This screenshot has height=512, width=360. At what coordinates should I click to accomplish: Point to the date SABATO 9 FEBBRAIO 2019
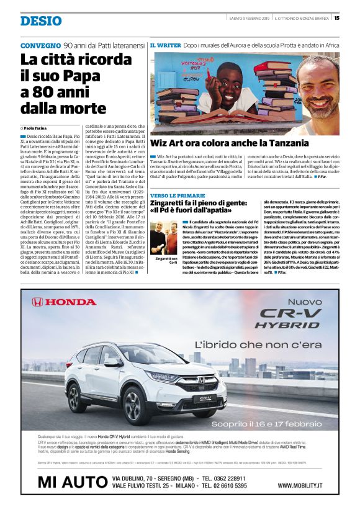249,17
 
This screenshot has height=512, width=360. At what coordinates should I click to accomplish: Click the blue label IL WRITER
165,46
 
